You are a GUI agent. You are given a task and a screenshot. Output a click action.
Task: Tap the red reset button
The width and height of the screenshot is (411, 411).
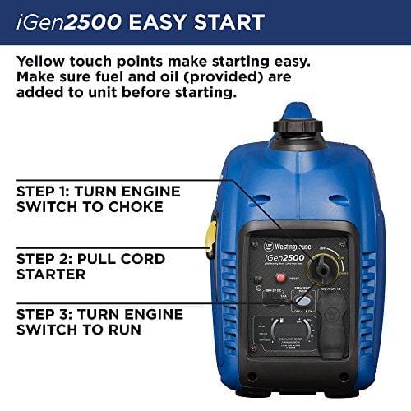tap(280, 277)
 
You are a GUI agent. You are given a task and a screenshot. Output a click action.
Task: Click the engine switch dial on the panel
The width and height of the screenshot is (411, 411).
tap(316, 268)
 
